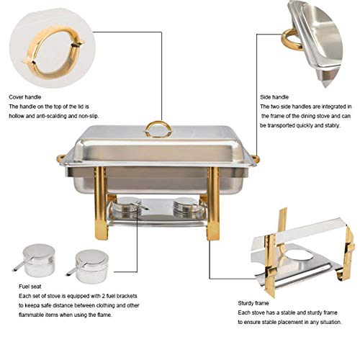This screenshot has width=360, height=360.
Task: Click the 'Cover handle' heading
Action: click(24, 96)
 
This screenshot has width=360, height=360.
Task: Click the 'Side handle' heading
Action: click(276, 96)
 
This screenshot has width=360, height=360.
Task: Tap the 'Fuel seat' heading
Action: click(22, 286)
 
